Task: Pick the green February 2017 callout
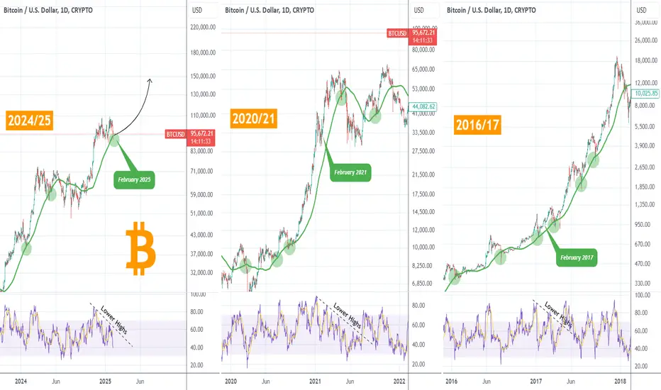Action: coord(575,257)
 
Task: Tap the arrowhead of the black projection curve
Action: coord(150,79)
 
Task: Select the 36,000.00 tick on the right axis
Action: coord(646,22)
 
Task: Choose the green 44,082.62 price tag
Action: coord(426,106)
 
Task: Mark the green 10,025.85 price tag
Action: coord(646,93)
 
